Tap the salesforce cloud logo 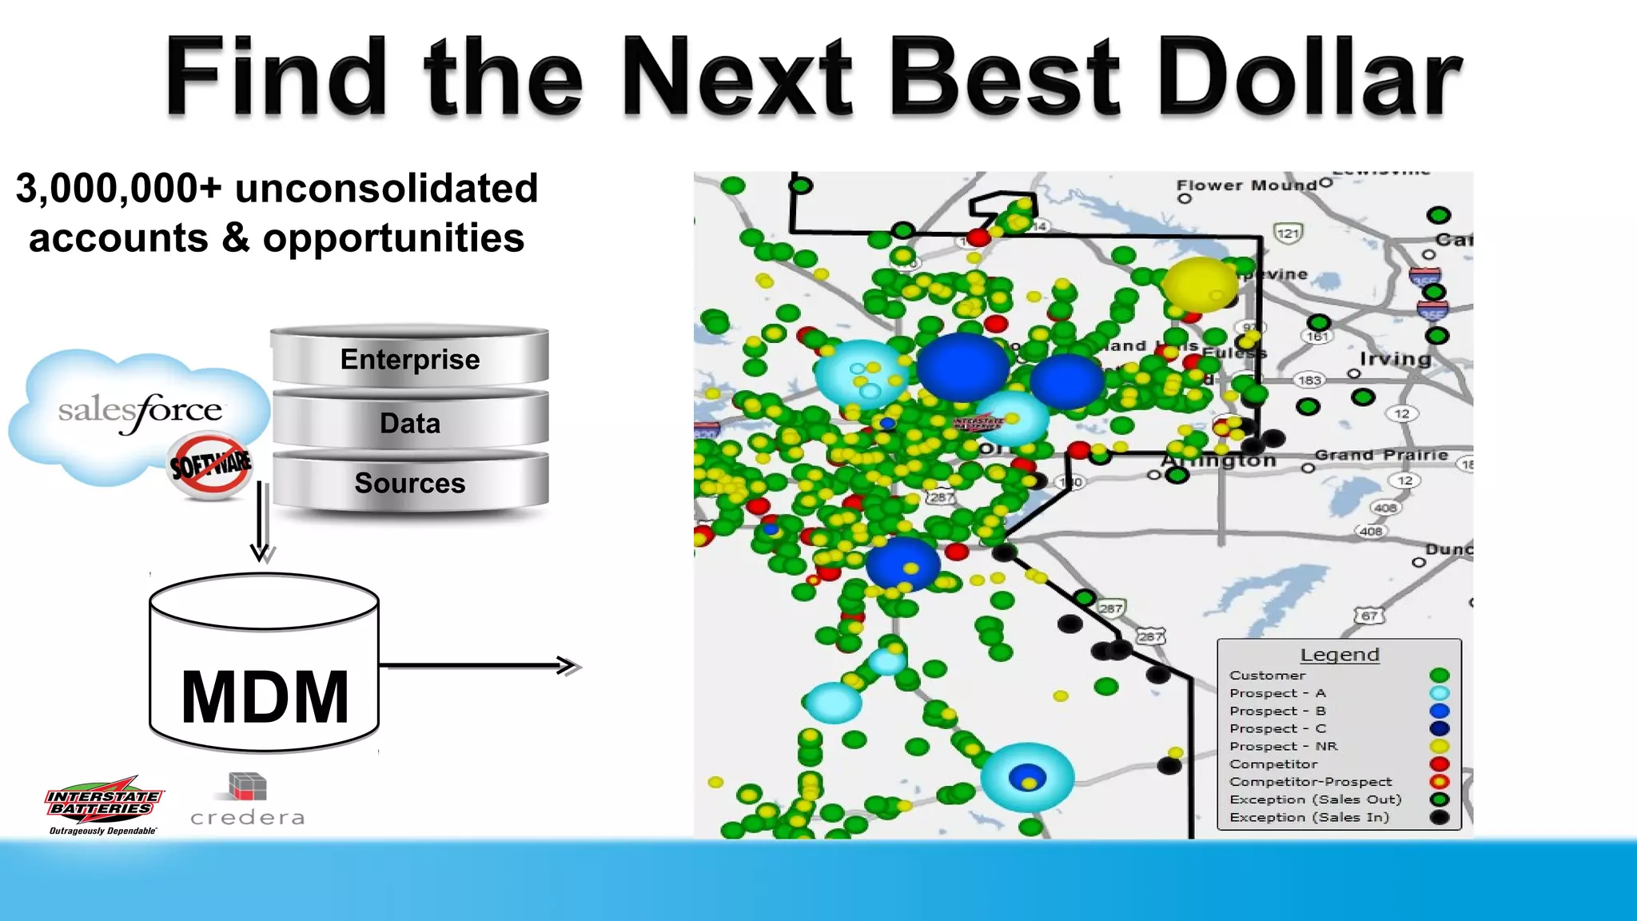point(140,412)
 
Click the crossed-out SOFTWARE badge point(210,464)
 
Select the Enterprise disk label point(410,359)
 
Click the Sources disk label point(410,483)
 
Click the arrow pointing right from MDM point(480,665)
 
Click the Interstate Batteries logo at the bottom point(103,804)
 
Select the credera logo point(248,799)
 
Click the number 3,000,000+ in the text point(118,189)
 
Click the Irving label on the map point(1395,359)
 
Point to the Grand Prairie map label point(1381,455)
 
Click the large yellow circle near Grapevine point(1199,285)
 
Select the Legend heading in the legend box point(1340,655)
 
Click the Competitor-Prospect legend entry point(1311,782)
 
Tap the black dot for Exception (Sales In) point(1440,817)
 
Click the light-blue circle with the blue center point(1027,777)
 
